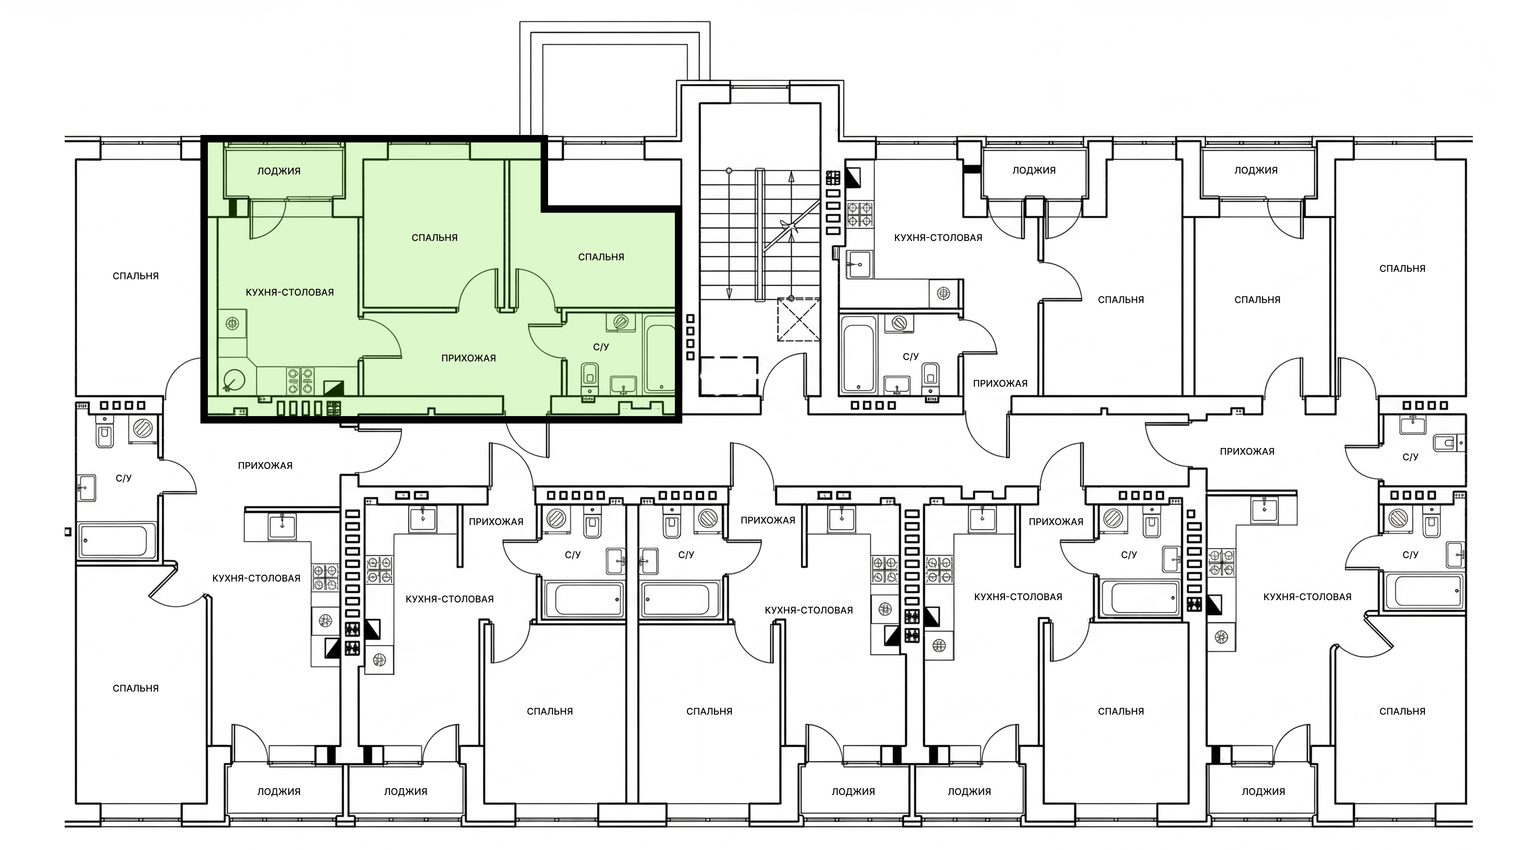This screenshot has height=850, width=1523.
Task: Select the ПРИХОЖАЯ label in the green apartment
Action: (468, 358)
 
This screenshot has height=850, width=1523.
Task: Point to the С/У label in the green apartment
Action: (601, 347)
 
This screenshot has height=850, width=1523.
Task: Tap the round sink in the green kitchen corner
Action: (235, 380)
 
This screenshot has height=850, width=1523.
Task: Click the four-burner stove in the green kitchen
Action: (300, 381)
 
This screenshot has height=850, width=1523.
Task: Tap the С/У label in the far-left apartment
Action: (123, 478)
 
